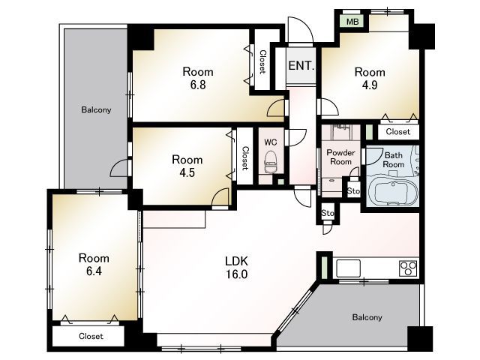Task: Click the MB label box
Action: coord(352,22)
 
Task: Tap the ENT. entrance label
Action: coord(301,65)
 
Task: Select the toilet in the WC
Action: coord(271,162)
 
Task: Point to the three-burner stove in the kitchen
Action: coord(408,268)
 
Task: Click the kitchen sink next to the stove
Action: coord(348,268)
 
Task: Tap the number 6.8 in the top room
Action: coord(198,85)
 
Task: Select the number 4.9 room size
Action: coord(370,85)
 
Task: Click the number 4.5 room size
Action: coord(187,172)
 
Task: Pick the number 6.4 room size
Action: coord(94,271)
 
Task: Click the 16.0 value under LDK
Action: coord(237,274)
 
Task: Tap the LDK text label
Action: coord(236,261)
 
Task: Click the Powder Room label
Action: coord(340,157)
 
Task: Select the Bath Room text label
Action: coord(394,160)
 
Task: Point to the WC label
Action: coord(271,142)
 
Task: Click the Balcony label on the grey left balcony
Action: coord(96,110)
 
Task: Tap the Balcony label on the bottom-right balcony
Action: coord(367,317)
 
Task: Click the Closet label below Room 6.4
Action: coord(91,336)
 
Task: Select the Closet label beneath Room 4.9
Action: coord(398,132)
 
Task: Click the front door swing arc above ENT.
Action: coord(304,25)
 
